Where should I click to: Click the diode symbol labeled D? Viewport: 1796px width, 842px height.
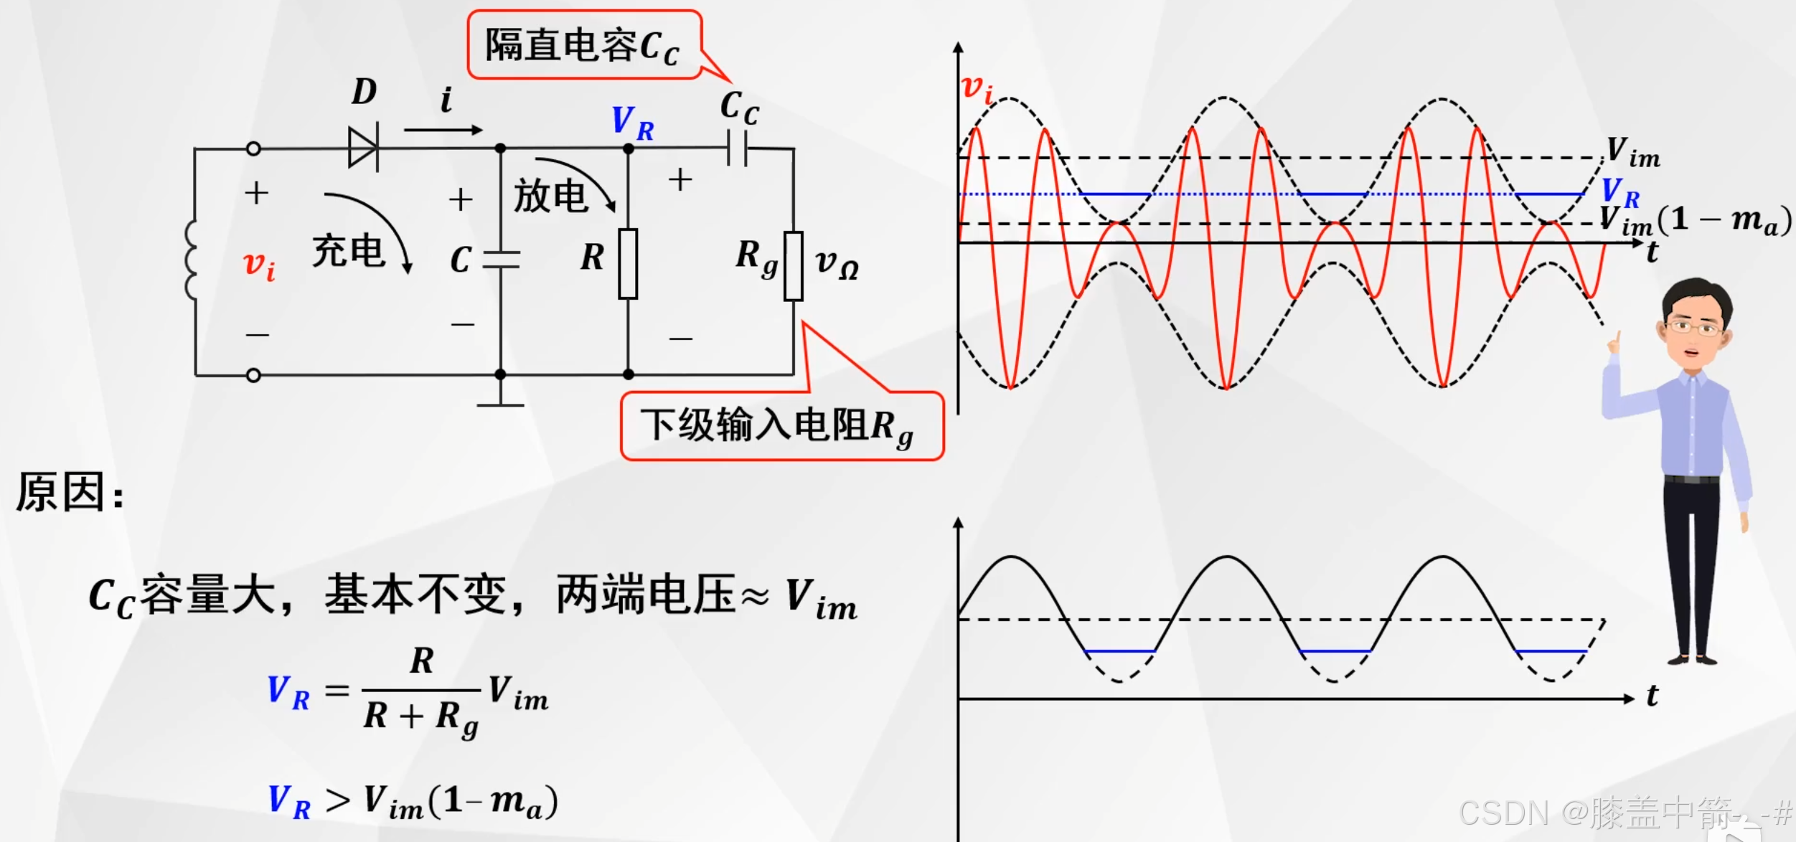pos(363,148)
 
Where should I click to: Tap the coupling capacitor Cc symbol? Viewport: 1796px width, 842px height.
pos(737,148)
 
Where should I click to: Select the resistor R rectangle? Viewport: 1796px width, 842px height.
pos(628,264)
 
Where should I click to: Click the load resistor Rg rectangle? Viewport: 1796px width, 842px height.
pos(793,265)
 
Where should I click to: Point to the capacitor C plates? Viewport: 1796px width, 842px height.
pos(501,260)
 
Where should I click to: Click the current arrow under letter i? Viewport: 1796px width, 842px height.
pos(443,130)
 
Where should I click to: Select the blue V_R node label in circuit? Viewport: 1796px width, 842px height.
pos(632,123)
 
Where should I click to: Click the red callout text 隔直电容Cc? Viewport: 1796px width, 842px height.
pos(582,46)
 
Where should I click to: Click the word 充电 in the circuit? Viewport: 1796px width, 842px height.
pos(349,251)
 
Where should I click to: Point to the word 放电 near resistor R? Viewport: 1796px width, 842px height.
pos(550,196)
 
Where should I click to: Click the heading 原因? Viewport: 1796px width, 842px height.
pos(70,493)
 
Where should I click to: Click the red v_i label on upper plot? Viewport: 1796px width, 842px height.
pos(977,89)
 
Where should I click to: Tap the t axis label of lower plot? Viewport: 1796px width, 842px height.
pos(1652,695)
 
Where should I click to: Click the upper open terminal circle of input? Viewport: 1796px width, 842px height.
pos(253,148)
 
